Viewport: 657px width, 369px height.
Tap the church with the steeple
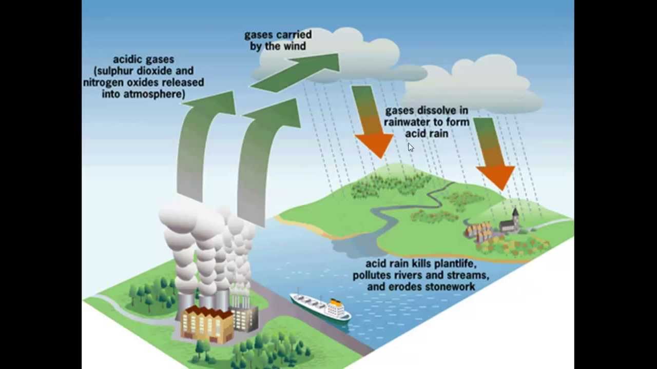tap(510, 223)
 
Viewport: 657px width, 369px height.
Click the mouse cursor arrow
tap(410, 147)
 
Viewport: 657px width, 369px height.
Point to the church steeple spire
tap(516, 211)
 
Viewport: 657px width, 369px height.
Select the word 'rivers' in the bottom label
tap(400, 276)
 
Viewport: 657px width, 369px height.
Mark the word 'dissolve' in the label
tap(437, 111)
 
